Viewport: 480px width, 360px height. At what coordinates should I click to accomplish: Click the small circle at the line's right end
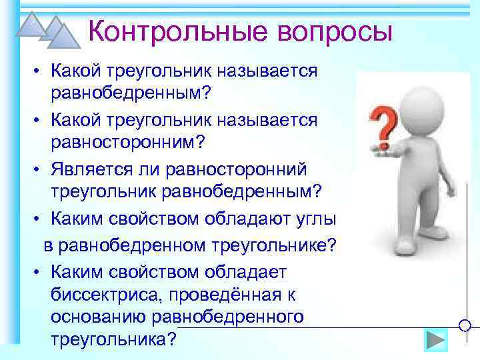coord(466,326)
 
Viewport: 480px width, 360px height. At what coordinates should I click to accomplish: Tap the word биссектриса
coord(101,293)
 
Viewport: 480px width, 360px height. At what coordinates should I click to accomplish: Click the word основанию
coord(97,316)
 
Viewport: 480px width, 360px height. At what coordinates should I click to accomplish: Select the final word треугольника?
coord(113,339)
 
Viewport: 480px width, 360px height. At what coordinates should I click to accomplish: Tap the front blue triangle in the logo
coord(65,37)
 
